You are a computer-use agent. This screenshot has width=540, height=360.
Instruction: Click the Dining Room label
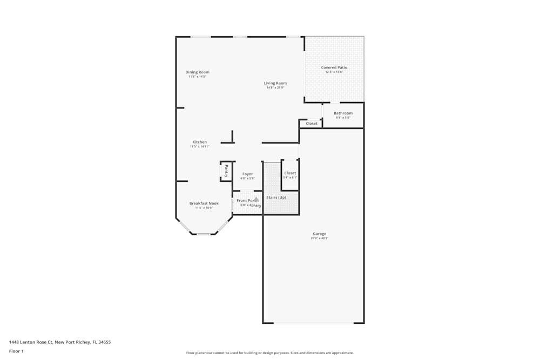[197, 72]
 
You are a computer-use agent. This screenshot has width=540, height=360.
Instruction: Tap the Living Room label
[275, 83]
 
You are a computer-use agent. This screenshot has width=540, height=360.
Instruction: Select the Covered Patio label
[334, 67]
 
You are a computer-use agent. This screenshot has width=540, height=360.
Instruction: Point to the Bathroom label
[343, 113]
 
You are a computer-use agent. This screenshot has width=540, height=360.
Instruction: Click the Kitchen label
[199, 142]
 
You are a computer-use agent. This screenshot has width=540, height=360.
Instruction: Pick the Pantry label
[226, 171]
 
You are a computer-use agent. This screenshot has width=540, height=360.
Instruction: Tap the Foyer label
[247, 174]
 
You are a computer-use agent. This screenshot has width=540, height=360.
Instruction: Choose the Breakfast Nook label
[204, 203]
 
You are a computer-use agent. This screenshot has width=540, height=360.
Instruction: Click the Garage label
[319, 234]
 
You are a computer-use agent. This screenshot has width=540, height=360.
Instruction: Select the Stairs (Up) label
[276, 197]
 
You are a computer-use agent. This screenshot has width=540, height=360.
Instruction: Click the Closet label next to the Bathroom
[312, 124]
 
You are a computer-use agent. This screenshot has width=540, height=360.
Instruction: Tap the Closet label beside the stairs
[290, 173]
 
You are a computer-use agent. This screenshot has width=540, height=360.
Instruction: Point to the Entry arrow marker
[256, 199]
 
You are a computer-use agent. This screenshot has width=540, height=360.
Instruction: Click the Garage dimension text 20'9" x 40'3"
[319, 238]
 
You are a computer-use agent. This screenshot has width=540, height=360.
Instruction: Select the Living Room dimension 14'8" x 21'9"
[275, 87]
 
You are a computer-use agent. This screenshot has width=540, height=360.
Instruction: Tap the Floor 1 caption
[16, 351]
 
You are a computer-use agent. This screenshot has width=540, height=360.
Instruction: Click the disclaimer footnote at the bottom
[270, 353]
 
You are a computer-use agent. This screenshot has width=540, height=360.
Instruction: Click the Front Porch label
[247, 200]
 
